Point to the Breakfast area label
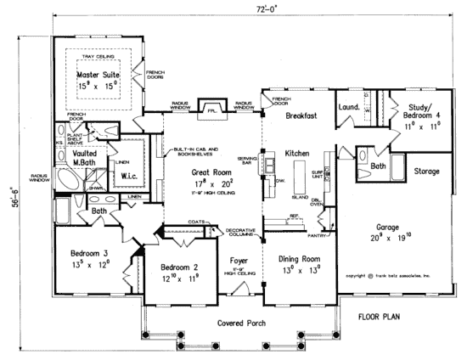point(301,114)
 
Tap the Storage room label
point(426,172)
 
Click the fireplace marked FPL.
point(210,110)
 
